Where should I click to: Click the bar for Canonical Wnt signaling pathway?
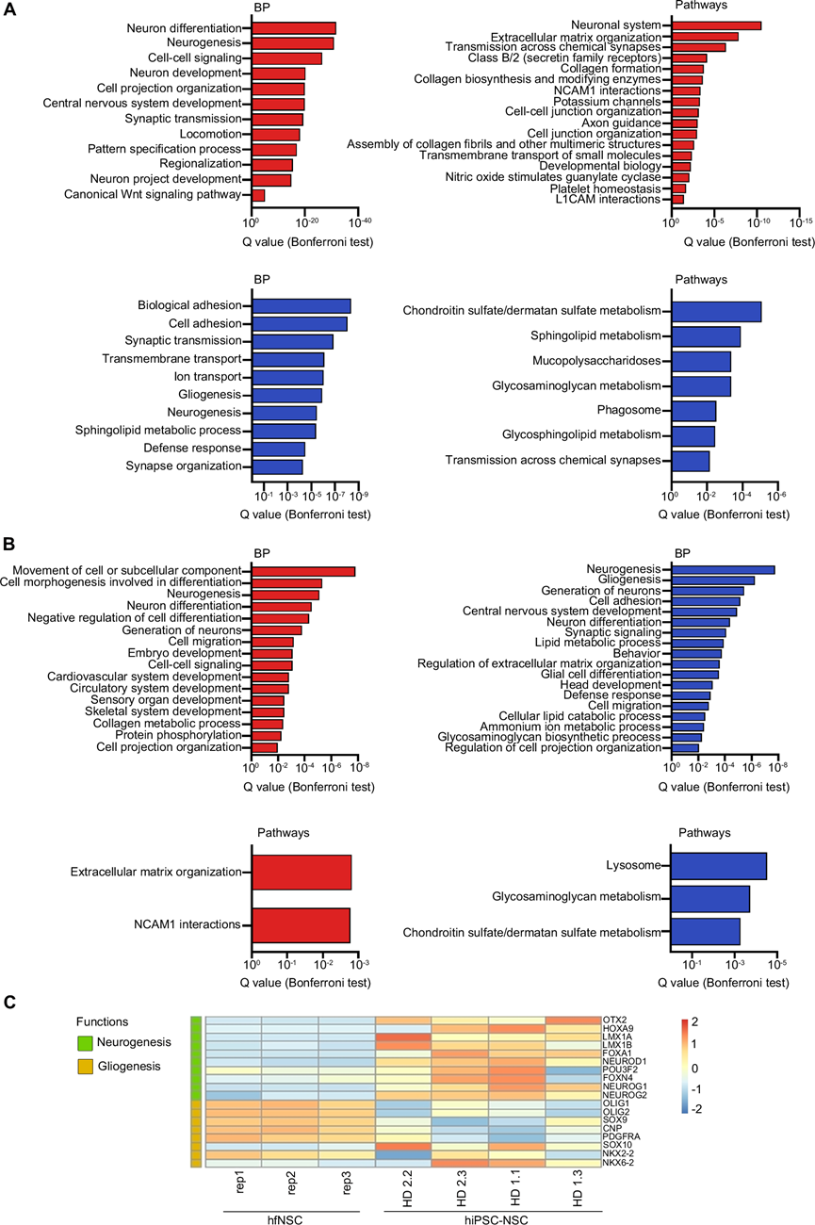coord(258,195)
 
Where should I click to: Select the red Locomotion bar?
coord(275,134)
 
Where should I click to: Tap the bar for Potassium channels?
coord(685,101)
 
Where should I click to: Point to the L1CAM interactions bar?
coord(677,199)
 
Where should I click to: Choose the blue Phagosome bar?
coord(693,410)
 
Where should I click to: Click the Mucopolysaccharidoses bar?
coord(700,361)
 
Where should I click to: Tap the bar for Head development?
coord(692,684)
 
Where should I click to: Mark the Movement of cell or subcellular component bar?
coord(302,571)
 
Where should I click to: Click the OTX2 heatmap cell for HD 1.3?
coord(573,1021)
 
